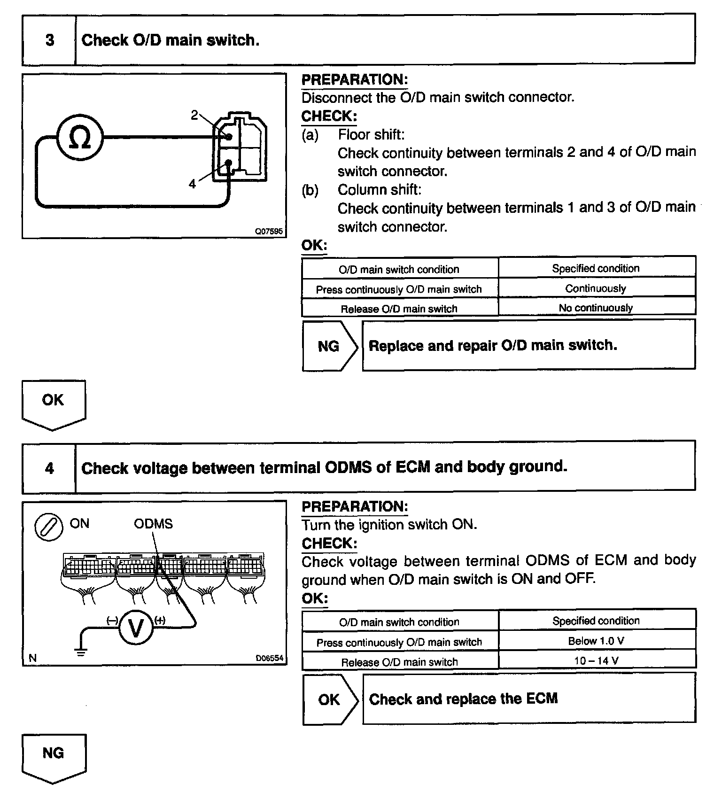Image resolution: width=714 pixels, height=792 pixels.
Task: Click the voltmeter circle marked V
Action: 136,628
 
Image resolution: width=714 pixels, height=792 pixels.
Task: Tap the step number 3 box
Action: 49,40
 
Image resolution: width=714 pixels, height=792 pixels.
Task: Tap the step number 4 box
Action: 49,468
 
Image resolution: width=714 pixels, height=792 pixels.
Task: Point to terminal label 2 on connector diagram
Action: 194,115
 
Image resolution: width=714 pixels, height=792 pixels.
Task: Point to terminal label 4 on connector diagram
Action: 192,184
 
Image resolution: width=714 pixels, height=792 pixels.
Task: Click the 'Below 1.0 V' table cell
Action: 596,641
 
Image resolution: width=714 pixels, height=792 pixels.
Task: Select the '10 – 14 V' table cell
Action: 596,660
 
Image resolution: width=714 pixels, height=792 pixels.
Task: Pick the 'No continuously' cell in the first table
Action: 596,308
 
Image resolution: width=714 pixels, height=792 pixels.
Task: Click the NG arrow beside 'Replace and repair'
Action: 329,346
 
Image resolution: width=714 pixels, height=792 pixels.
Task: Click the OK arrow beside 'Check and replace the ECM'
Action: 329,699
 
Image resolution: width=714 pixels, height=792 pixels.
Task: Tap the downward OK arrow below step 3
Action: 53,404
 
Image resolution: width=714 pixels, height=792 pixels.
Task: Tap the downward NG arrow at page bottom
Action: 53,757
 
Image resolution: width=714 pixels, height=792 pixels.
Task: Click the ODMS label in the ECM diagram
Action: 153,524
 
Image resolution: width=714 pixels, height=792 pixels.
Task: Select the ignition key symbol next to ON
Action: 49,527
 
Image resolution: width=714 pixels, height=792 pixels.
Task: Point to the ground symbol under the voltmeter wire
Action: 81,652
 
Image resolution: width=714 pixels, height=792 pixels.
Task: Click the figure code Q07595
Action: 269,232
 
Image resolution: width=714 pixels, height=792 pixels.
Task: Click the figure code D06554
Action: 270,658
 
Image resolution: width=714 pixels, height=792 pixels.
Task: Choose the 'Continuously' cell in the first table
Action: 596,288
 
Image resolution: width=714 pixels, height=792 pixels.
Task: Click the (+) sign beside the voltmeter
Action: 160,620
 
